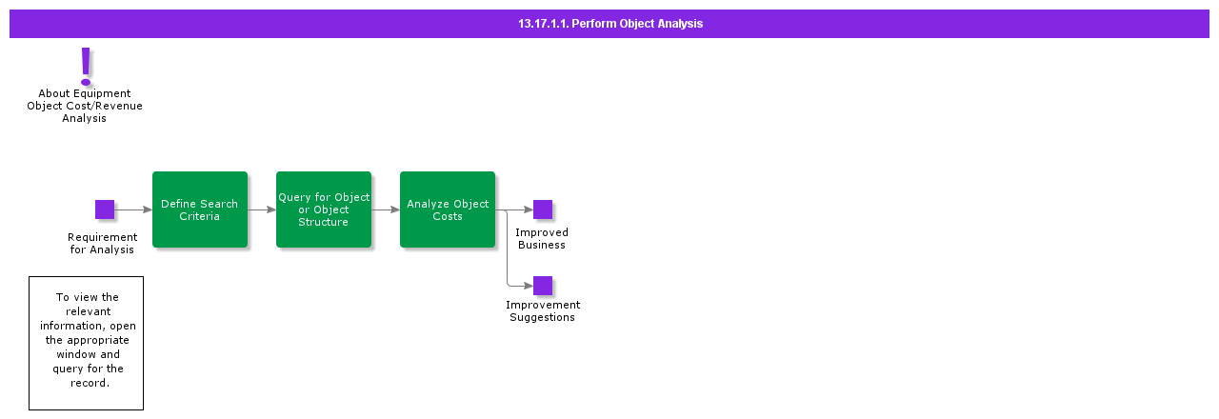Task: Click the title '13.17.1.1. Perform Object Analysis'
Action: [x=609, y=24]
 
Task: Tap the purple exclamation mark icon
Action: [x=86, y=67]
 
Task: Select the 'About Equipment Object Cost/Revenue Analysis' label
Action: [x=85, y=106]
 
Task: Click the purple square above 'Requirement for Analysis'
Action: [x=105, y=209]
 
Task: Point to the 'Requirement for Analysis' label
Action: [x=102, y=244]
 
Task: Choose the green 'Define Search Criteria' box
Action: [x=200, y=209]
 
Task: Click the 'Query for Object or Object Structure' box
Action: [x=324, y=209]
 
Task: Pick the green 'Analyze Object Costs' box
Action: [x=448, y=209]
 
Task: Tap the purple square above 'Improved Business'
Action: [x=543, y=209]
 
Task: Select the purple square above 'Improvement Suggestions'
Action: [x=543, y=286]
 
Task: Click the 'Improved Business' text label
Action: [x=542, y=239]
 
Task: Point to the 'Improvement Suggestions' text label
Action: [x=543, y=311]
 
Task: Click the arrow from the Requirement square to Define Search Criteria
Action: [x=133, y=209]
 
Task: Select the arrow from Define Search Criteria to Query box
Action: [x=262, y=209]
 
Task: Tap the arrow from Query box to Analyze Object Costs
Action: [x=386, y=209]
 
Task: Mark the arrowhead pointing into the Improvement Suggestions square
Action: [x=528, y=286]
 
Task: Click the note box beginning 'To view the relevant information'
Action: [x=86, y=343]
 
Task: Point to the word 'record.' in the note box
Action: [x=90, y=383]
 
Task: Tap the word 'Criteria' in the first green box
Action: [x=200, y=216]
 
